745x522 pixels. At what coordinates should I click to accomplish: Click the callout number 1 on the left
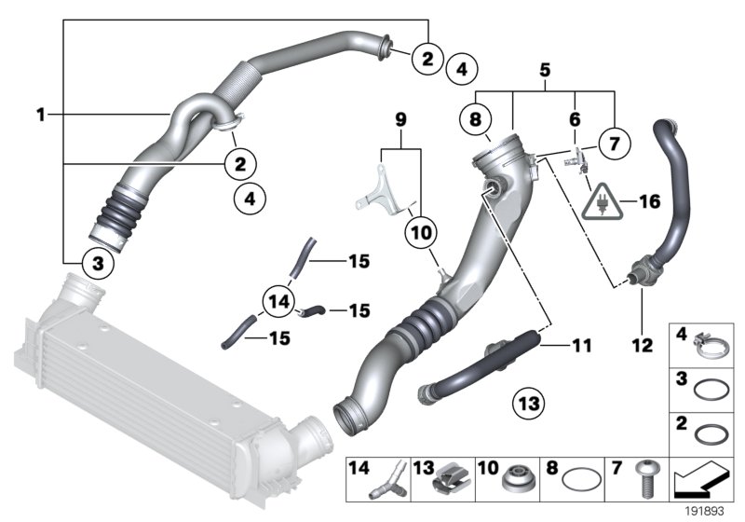41,115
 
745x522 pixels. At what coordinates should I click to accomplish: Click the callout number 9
401,120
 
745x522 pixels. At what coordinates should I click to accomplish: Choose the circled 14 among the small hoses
277,301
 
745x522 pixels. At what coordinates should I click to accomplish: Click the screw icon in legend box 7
643,479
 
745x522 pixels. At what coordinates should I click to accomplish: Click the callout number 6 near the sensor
575,118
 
